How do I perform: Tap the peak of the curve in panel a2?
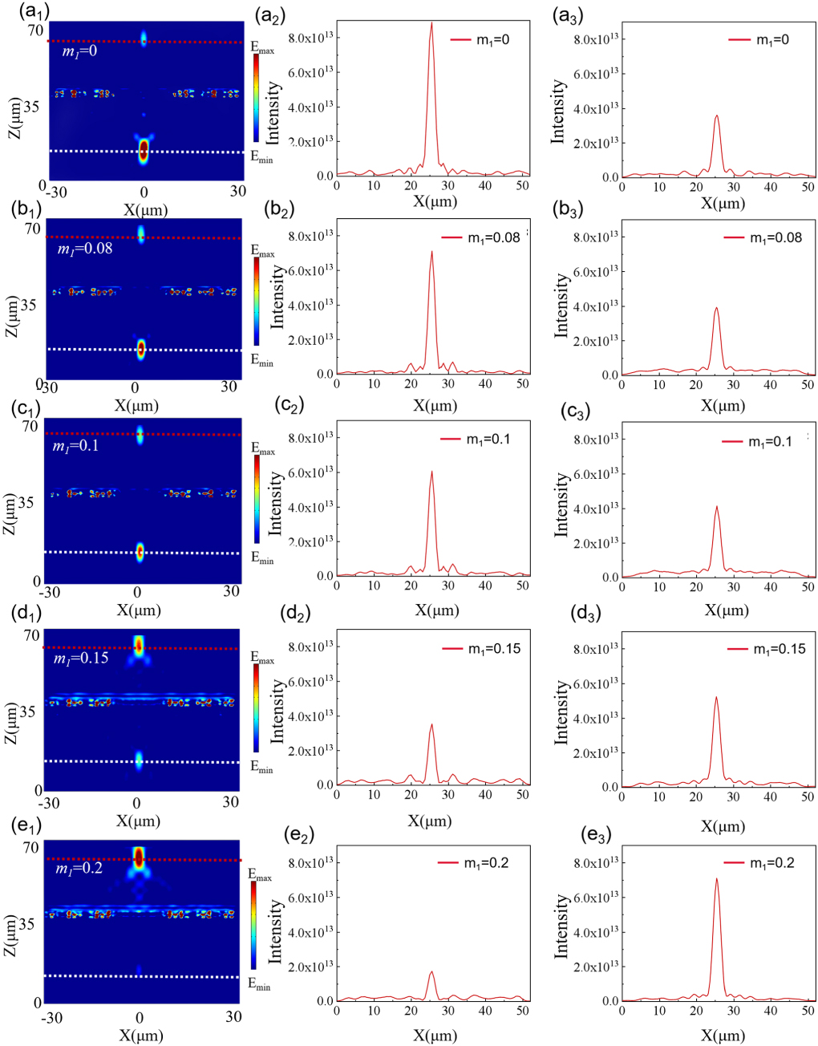pos(431,23)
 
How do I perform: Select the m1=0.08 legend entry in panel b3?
pos(763,237)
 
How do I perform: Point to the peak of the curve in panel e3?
pos(716,879)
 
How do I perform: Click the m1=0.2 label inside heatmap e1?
pos(79,868)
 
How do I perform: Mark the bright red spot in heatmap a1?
pos(144,150)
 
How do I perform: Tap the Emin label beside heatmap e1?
pos(259,984)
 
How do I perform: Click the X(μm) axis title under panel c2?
pos(436,610)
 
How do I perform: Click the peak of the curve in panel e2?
pos(431,972)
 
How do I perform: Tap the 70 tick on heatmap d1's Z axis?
pos(31,635)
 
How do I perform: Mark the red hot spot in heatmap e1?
pos(139,857)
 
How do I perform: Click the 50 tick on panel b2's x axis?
pos(523,384)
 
